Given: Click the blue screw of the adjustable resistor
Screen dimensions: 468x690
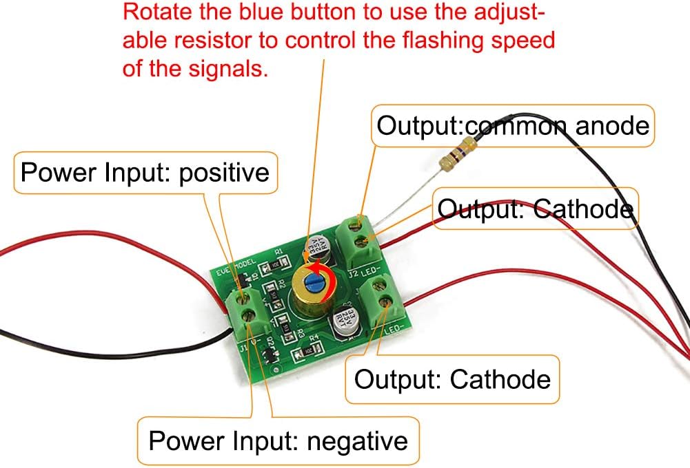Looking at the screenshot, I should click(314, 281).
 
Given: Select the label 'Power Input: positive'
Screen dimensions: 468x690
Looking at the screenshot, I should click(145, 171).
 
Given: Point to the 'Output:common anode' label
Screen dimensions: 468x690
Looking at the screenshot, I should click(513, 126).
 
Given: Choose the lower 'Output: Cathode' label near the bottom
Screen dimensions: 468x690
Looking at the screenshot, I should click(452, 379).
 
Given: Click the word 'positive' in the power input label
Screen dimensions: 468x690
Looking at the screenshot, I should click(223, 171).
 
